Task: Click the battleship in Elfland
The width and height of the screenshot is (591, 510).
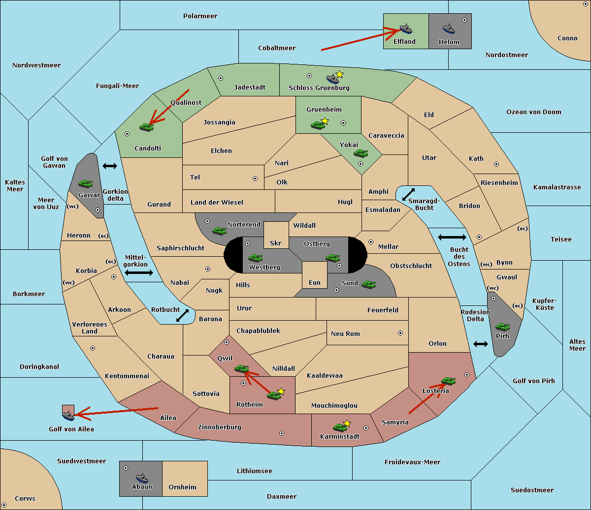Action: (x=406, y=29)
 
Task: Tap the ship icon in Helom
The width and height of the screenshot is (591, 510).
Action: (x=449, y=29)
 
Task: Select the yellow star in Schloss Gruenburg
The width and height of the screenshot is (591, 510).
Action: (x=339, y=74)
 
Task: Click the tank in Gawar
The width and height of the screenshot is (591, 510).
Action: (x=86, y=184)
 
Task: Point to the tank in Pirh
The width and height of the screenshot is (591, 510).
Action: (x=503, y=327)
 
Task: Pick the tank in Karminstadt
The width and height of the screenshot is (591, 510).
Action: (x=340, y=427)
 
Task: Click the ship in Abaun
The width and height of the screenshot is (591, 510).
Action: (x=142, y=478)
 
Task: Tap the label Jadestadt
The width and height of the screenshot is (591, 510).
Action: (x=250, y=87)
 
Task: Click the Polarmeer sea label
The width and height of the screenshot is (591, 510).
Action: (x=200, y=16)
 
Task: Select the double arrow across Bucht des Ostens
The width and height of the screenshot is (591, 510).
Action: (x=452, y=238)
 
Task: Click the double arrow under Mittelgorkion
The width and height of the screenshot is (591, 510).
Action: (x=139, y=272)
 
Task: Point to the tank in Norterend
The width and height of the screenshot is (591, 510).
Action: (x=220, y=231)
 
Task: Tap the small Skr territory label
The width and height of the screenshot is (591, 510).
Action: (x=276, y=243)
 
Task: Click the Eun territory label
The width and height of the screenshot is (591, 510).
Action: (x=315, y=282)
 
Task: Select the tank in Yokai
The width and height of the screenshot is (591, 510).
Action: (x=361, y=153)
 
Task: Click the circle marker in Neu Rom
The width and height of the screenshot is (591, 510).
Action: (x=400, y=333)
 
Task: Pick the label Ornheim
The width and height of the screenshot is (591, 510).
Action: (x=182, y=487)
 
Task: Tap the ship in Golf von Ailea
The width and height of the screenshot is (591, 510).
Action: (x=68, y=416)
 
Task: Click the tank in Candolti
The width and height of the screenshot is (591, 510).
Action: (x=146, y=127)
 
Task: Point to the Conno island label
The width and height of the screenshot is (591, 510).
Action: (x=567, y=38)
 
